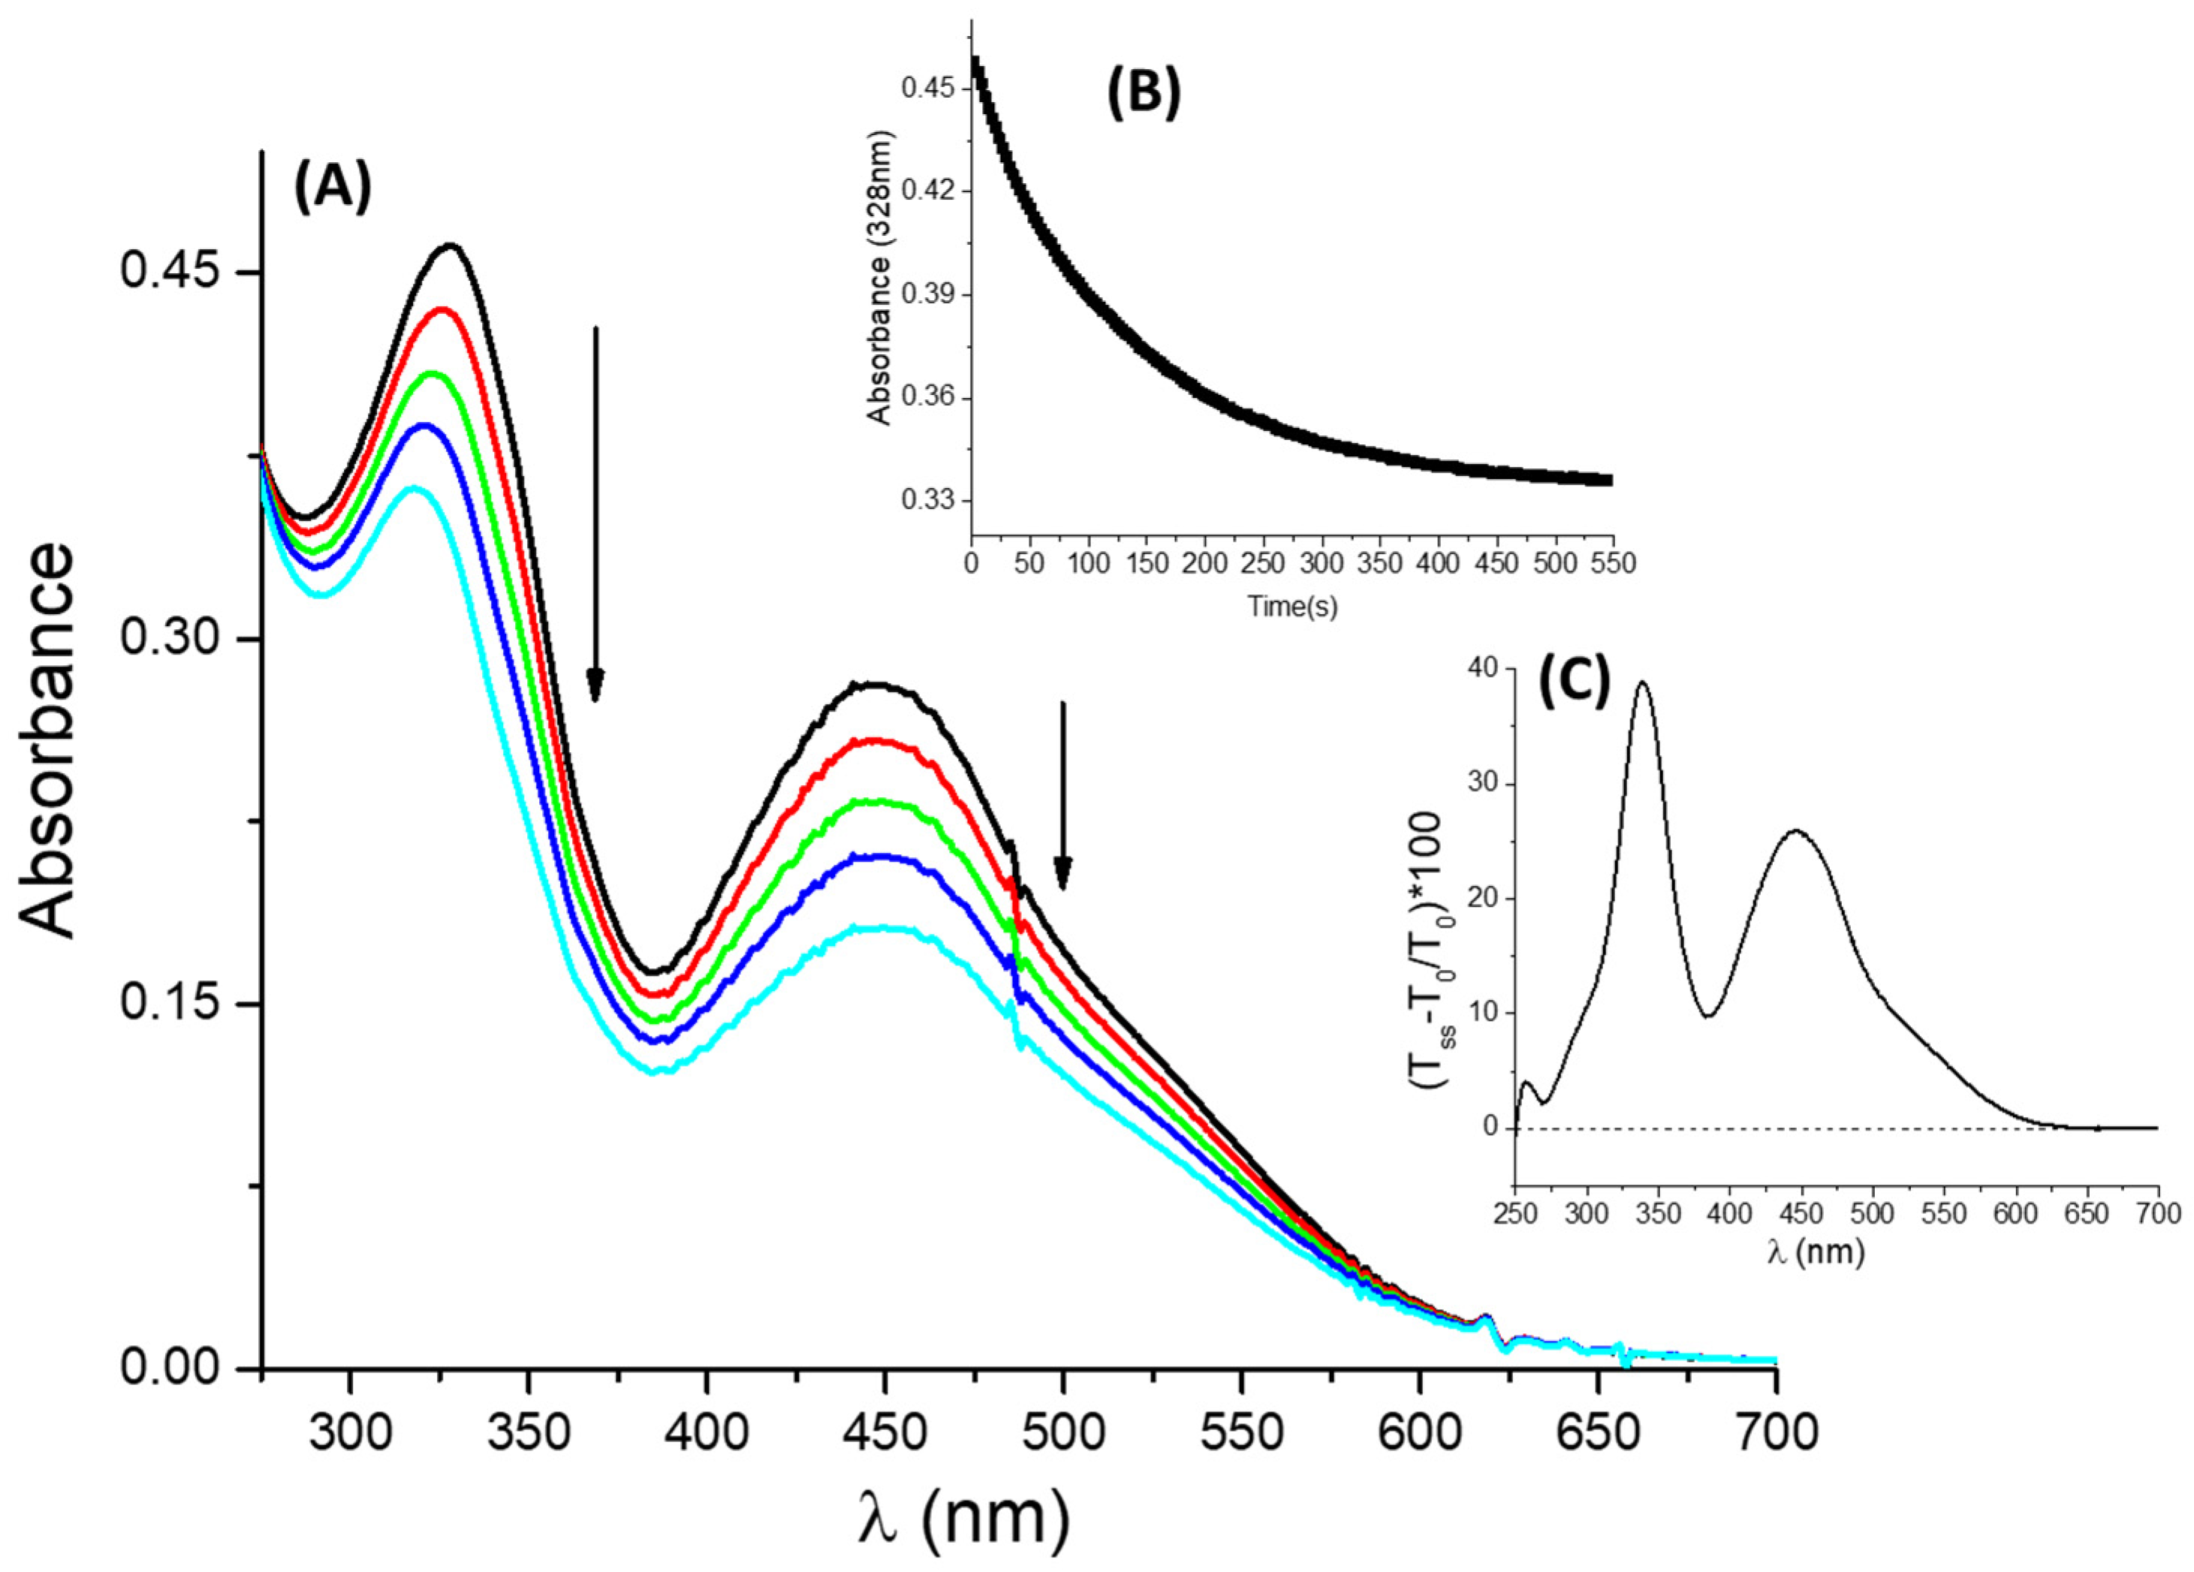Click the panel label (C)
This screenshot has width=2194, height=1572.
pyautogui.click(x=1574, y=685)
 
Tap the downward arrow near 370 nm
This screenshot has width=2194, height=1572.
pyautogui.click(x=596, y=513)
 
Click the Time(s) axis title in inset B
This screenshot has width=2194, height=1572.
pyautogui.click(x=1292, y=607)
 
